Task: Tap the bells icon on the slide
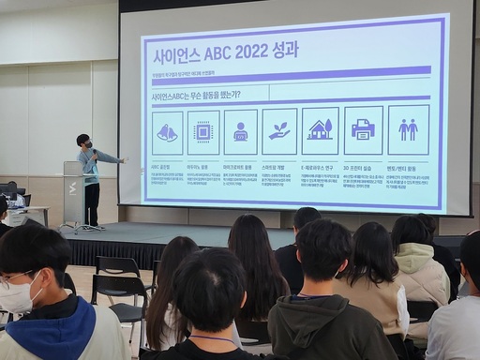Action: click(168, 132)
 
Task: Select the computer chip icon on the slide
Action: click(203, 132)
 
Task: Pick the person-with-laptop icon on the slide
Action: click(240, 132)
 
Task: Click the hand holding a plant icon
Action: click(279, 130)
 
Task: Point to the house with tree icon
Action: click(320, 130)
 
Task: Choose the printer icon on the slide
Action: click(363, 129)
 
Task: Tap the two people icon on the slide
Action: click(408, 129)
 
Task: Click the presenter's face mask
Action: click(85, 144)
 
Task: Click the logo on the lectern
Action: click(72, 187)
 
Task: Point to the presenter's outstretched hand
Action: click(123, 160)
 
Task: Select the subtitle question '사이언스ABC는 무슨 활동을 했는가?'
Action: click(196, 95)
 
